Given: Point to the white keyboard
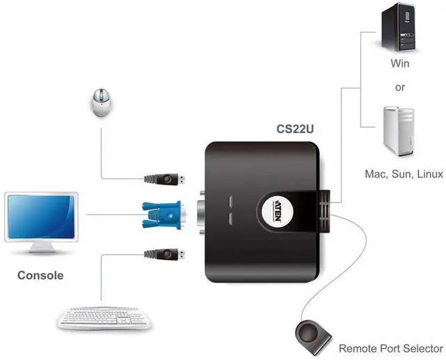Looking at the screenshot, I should [x=102, y=318].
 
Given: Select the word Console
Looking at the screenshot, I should [x=40, y=275].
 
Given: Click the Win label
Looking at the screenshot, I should [x=399, y=64].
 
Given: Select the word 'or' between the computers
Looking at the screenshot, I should [x=399, y=88].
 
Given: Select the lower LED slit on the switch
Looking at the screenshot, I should [x=233, y=221].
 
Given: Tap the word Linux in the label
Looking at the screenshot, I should [x=430, y=174].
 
